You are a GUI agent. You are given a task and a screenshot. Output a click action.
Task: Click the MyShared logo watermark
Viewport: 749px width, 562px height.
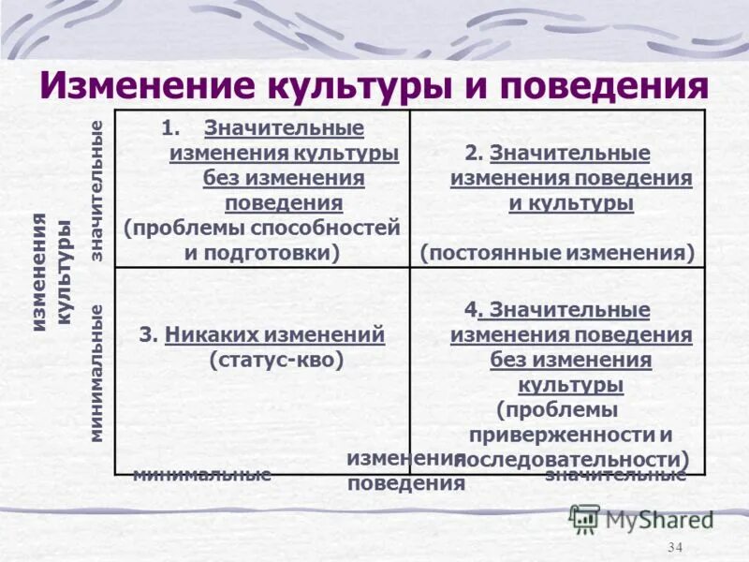tap(642, 518)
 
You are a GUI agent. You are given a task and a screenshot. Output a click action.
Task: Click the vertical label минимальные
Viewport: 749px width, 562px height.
tap(96, 373)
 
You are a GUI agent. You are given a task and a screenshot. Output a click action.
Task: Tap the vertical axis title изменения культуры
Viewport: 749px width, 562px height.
tap(51, 272)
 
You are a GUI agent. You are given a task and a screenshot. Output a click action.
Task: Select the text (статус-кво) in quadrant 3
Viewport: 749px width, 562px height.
tap(276, 359)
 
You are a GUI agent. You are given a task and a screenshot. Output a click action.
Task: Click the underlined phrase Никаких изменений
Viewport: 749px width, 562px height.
tap(274, 334)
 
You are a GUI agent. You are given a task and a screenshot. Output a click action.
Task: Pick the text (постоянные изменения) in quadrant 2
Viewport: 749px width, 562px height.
tap(558, 252)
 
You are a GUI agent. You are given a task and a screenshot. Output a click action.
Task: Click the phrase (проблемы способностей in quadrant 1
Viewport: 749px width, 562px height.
tap(262, 228)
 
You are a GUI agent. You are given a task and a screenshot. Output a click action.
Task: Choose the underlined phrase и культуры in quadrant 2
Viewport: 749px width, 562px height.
tap(571, 203)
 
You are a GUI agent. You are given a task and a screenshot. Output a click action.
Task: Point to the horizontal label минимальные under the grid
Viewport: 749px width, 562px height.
tap(201, 474)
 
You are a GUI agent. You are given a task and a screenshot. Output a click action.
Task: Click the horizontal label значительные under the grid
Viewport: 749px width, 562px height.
tap(616, 475)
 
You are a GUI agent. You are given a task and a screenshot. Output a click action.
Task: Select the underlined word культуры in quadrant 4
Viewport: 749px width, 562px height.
tap(571, 384)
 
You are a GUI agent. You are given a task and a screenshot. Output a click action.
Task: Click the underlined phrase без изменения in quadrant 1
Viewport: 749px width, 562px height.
tap(284, 177)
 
